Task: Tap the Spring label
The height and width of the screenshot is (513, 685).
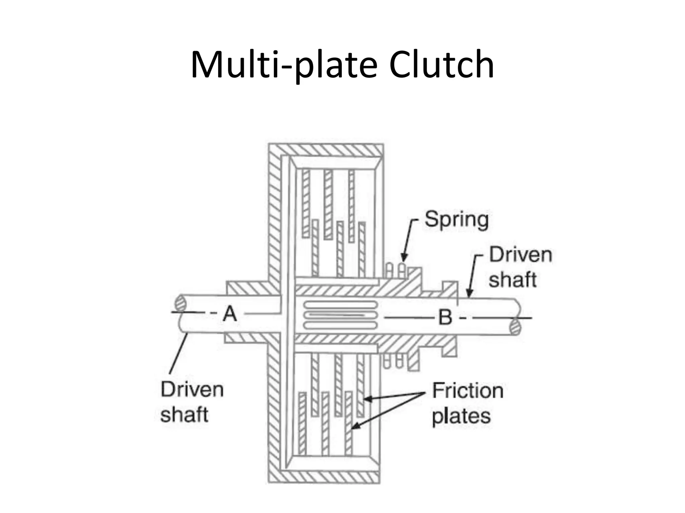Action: pyautogui.click(x=456, y=219)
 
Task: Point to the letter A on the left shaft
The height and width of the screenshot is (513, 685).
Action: pyautogui.click(x=230, y=314)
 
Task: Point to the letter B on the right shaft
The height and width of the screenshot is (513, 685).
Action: pyautogui.click(x=445, y=317)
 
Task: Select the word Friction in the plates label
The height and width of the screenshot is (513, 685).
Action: pyautogui.click(x=468, y=390)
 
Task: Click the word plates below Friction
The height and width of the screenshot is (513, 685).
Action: pyautogui.click(x=461, y=416)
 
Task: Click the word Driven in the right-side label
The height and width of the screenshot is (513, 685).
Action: pyautogui.click(x=520, y=255)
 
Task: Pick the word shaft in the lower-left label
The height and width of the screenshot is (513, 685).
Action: pyautogui.click(x=184, y=414)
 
